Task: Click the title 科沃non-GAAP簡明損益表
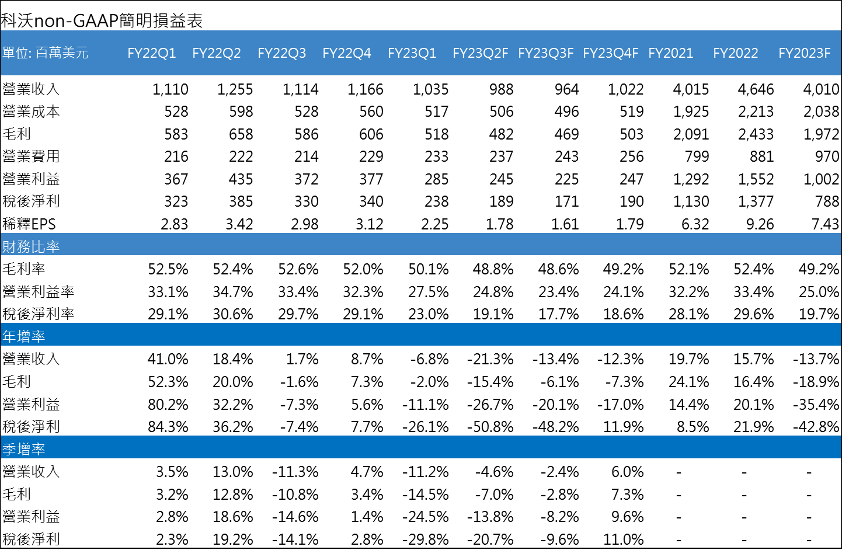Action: pyautogui.click(x=102, y=21)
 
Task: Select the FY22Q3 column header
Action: pyautogui.click(x=281, y=53)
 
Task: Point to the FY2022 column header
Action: pyautogui.click(x=735, y=53)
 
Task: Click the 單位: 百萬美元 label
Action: pyautogui.click(x=45, y=53)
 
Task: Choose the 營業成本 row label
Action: pyautogui.click(x=31, y=112)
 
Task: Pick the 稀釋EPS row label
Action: pyautogui.click(x=29, y=224)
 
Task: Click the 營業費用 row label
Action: pyautogui.click(x=31, y=156)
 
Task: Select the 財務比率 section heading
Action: pyautogui.click(x=31, y=247)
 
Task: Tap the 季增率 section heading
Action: pyautogui.click(x=24, y=449)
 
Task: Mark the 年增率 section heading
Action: pyautogui.click(x=24, y=336)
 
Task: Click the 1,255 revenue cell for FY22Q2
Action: pyautogui.click(x=235, y=89)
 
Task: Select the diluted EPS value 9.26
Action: pyautogui.click(x=760, y=224)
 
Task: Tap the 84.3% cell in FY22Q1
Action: pyautogui.click(x=168, y=427)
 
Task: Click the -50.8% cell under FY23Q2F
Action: pyautogui.click(x=490, y=427)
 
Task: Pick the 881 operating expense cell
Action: pyautogui.click(x=761, y=156)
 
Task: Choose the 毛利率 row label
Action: pyautogui.click(x=24, y=269)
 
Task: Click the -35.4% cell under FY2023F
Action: pyautogui.click(x=815, y=404)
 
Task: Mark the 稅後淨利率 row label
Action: pyautogui.click(x=39, y=314)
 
